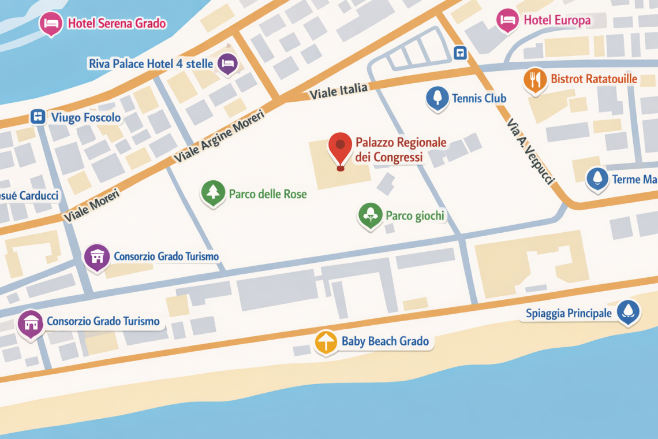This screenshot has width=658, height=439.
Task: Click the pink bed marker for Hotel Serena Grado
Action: click(51, 23)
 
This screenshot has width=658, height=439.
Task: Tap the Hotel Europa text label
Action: click(557, 21)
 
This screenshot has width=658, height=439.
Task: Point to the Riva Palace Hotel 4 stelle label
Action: click(151, 64)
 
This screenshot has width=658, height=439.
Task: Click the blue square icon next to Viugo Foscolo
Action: click(38, 117)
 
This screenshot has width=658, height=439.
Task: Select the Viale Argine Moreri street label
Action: click(219, 136)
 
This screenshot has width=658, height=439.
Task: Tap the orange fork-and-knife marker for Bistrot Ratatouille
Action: click(535, 80)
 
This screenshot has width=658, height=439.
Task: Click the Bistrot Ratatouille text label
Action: click(594, 79)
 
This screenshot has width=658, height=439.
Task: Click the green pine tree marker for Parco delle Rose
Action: click(213, 192)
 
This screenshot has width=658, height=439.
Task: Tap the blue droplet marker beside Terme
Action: click(597, 178)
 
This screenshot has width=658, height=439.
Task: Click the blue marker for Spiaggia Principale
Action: click(628, 311)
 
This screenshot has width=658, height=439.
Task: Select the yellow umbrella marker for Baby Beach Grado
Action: click(326, 342)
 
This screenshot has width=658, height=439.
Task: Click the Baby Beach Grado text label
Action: click(385, 341)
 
